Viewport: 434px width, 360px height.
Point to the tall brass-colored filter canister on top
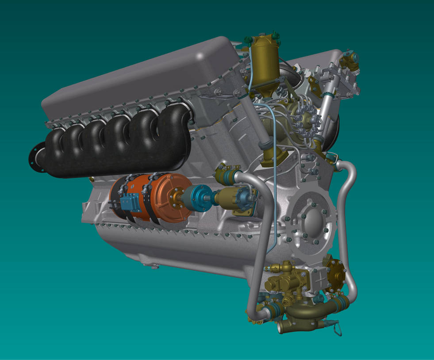pos(265,62)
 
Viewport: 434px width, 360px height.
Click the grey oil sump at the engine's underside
pos(177,252)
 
